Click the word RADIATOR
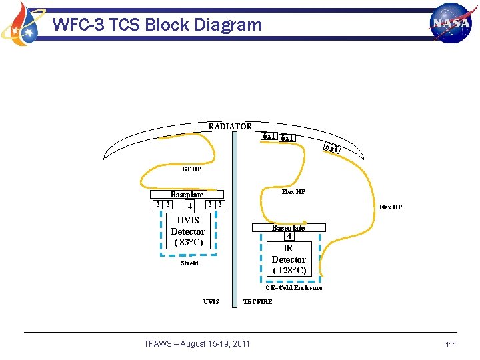point(230,127)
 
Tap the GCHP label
point(191,169)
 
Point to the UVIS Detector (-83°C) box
point(189,231)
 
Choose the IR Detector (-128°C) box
point(289,259)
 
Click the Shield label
point(190,263)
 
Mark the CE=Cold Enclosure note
point(293,288)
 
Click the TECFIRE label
point(257,302)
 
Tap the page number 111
point(451,344)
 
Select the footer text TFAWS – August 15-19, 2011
point(197,344)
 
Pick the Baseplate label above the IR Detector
point(288,228)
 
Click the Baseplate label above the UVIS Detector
point(187,195)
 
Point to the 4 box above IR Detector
point(289,236)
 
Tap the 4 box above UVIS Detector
point(189,206)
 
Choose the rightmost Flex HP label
point(391,207)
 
